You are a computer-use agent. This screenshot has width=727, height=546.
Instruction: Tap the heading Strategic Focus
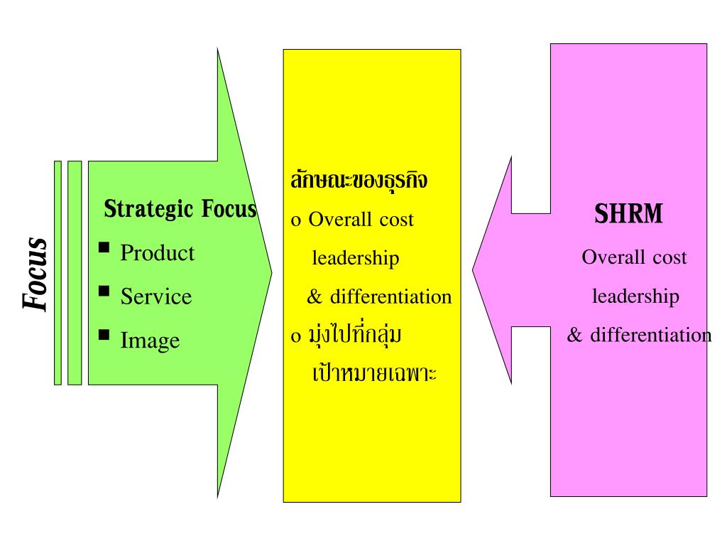[180, 210]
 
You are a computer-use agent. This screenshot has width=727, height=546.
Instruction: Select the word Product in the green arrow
[158, 253]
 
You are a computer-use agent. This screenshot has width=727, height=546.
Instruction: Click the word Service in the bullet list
[156, 296]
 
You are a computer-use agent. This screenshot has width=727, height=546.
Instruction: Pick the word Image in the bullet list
[150, 341]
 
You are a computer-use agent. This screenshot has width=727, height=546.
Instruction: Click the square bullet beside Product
[104, 247]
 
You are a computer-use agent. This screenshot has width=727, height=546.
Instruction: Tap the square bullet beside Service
[104, 291]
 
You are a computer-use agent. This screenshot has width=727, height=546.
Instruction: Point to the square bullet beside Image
[104, 334]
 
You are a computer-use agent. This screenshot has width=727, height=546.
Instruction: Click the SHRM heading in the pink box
[628, 215]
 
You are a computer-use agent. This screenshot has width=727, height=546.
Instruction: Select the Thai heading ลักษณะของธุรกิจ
[359, 180]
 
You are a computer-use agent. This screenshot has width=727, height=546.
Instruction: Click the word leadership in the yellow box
[356, 258]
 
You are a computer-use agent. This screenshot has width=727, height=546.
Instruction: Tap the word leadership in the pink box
[635, 296]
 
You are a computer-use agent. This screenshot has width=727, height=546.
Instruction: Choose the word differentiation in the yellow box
[390, 296]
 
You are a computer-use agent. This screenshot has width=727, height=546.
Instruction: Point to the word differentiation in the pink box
[650, 335]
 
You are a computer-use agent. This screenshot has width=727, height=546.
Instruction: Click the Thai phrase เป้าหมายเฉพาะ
[374, 373]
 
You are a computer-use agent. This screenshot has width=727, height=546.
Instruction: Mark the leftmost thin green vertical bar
[58, 273]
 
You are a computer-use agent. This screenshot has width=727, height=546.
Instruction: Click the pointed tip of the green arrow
[270, 272]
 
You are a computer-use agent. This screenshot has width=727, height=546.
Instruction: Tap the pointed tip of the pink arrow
[474, 273]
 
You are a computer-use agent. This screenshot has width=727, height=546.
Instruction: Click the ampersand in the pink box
[574, 335]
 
